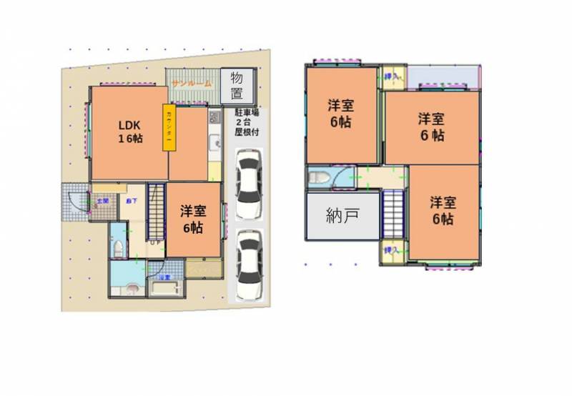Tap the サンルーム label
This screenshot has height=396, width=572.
pyautogui.click(x=191, y=84)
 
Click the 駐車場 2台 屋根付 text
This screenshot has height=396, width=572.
pyautogui.click(x=247, y=123)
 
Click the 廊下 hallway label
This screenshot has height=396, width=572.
pyautogui.click(x=131, y=202)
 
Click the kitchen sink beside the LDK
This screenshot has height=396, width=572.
pyautogui.click(x=214, y=146)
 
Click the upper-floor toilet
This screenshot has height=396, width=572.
pyautogui.click(x=320, y=180)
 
